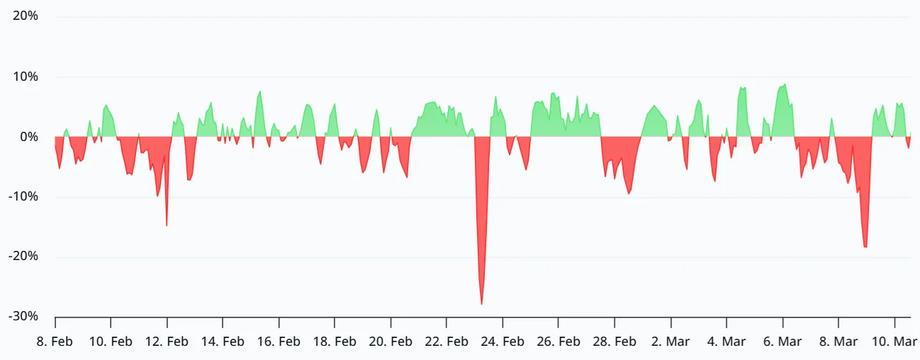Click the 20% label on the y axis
(26, 16)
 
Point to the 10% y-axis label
(26, 77)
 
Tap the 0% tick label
(29, 137)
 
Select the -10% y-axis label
(23, 197)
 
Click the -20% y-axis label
(23, 257)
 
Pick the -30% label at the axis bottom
(23, 317)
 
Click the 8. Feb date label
(55, 342)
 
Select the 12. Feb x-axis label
(167, 342)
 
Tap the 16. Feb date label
(279, 342)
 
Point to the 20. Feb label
(391, 342)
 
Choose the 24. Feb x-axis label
(503, 342)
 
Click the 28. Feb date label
(615, 342)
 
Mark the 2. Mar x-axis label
(671, 342)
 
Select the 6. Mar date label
(782, 342)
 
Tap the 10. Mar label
(894, 342)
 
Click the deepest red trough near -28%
(482, 304)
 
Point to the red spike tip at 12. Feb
(167, 225)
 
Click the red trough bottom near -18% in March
(865, 247)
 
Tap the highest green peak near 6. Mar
(785, 84)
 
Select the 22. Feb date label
(447, 342)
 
